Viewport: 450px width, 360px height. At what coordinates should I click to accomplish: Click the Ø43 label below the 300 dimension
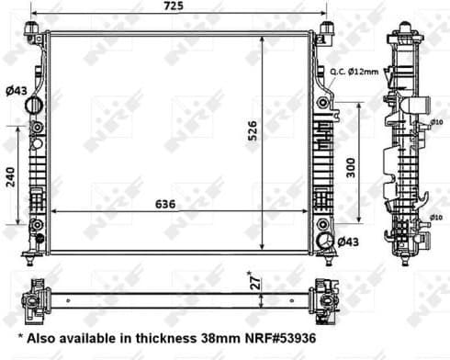pos(347,242)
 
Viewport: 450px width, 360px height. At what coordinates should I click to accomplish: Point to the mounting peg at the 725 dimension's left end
pos(33,34)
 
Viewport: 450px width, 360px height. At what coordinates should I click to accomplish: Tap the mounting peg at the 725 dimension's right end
pos(324,34)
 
